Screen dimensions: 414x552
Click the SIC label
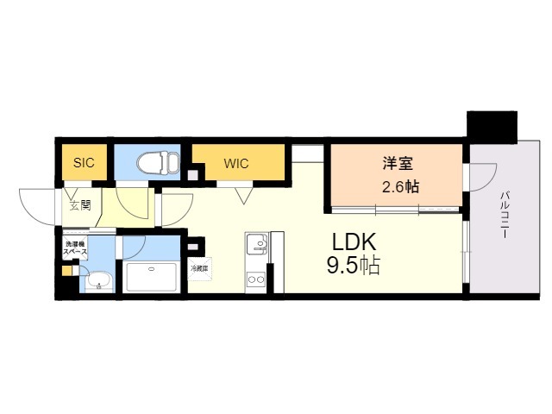[x=83, y=161]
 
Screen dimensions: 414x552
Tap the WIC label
[x=237, y=161]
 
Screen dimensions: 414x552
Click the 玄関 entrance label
[x=79, y=205]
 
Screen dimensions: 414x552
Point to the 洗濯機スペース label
[x=75, y=249]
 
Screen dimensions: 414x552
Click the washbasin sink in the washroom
[x=98, y=280]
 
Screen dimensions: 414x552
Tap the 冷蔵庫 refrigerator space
[x=199, y=268]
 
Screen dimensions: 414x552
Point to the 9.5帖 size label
[x=353, y=266]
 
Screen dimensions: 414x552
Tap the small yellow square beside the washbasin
[x=67, y=269]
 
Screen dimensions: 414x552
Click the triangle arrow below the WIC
[x=243, y=194]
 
